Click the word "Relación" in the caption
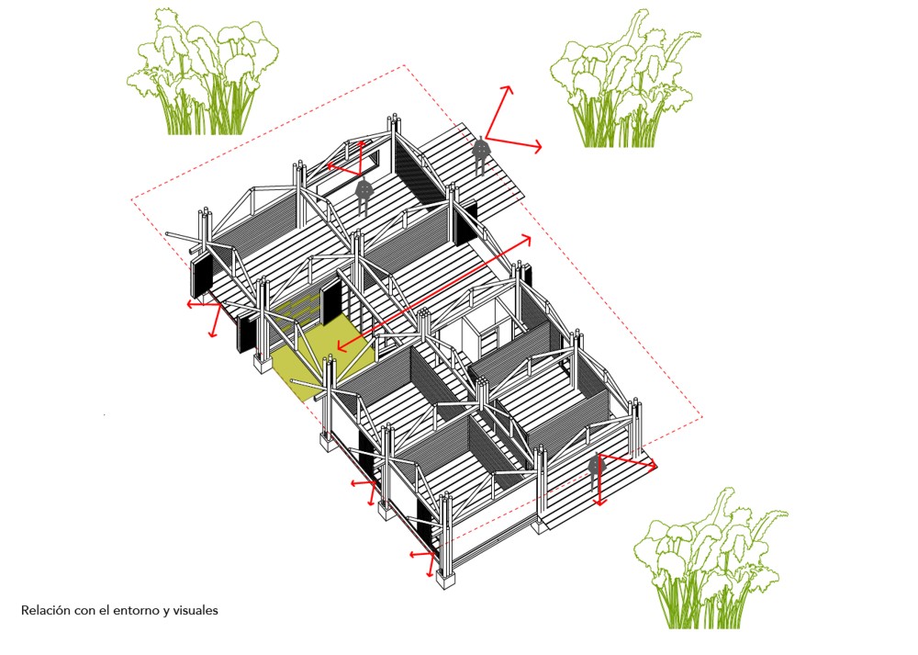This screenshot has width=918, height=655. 46,611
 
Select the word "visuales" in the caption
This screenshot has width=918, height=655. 195,611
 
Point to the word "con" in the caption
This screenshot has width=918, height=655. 84,612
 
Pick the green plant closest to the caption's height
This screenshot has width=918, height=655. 711,559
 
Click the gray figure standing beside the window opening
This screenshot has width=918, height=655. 363,195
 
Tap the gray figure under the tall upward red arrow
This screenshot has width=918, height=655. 481,153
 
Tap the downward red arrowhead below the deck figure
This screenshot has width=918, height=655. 599,503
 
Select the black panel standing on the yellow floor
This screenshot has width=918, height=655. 330,302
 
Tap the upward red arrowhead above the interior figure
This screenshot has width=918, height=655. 361,142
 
